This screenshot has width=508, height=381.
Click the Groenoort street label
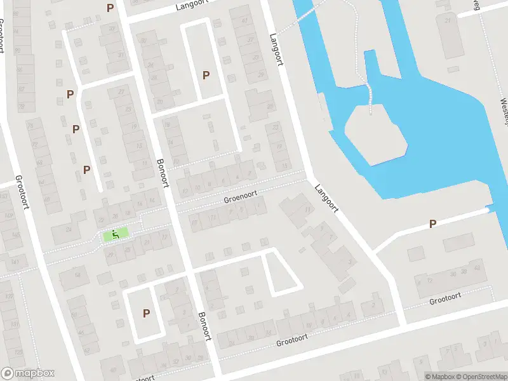tap(240, 199)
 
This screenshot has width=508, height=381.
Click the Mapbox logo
tap(27, 373)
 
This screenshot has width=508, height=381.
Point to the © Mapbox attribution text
tap(440, 377)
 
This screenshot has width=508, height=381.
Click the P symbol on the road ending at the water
tap(433, 224)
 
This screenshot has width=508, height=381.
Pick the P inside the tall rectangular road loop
tap(206, 75)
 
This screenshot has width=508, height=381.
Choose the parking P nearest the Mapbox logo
tap(147, 313)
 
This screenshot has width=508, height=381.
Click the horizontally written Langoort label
tap(192, 8)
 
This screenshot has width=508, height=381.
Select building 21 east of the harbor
tap(450, 20)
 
